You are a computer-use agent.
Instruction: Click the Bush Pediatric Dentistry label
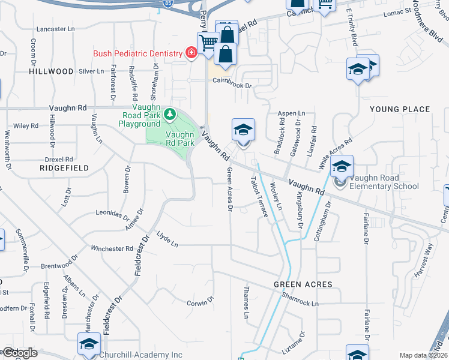pos(137,53)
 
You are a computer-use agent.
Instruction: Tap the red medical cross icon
pos(191,53)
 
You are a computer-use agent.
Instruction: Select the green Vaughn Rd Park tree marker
pos(170,113)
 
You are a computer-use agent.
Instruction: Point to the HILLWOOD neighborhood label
pos(51,71)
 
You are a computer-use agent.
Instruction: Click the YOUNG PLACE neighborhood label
pos(400,109)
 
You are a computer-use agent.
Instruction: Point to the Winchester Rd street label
pos(112,248)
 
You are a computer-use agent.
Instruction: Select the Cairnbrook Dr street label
pos(231,85)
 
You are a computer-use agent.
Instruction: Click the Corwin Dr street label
pos(200,303)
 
